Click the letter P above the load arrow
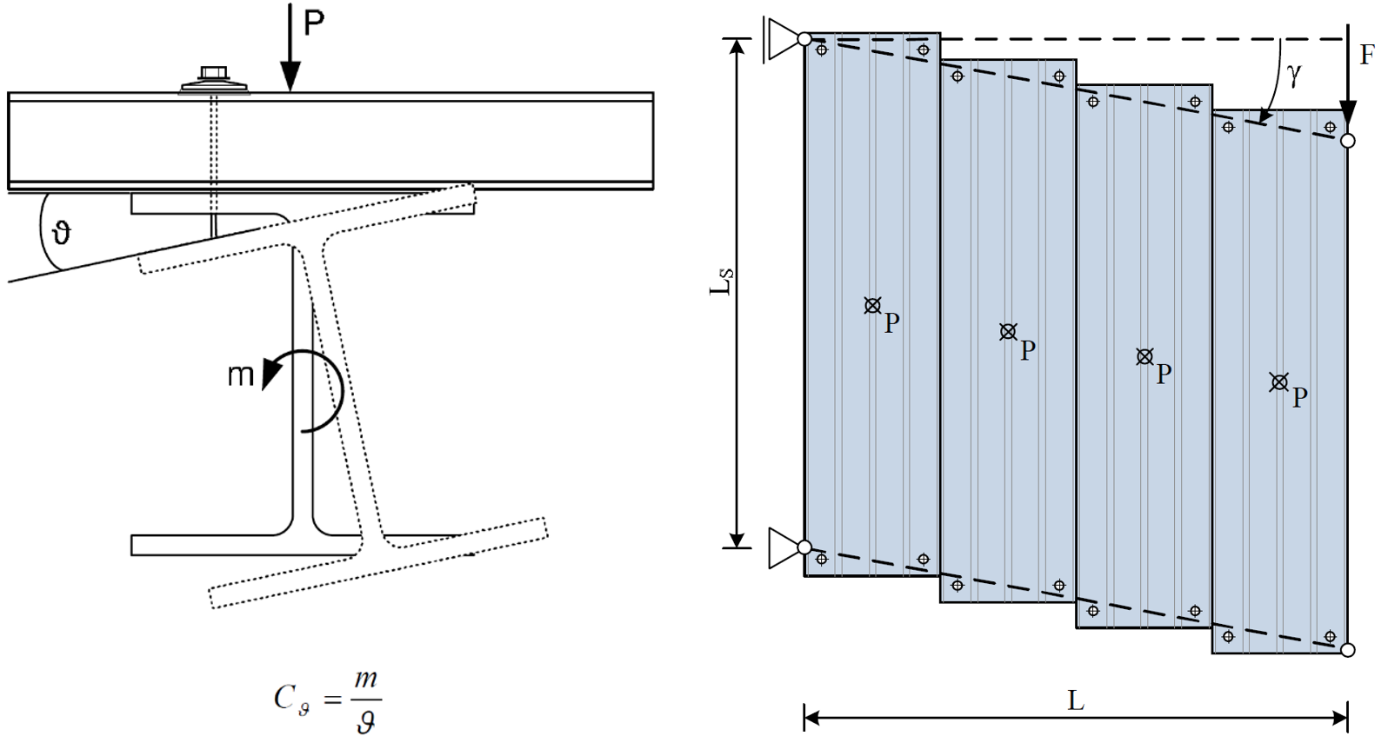point(313,23)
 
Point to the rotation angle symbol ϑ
point(61,232)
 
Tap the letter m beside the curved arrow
point(241,375)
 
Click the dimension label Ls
point(722,282)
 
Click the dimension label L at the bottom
point(1076,700)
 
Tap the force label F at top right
point(1366,56)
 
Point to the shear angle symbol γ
point(1294,75)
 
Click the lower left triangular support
point(785,548)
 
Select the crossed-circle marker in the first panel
point(872,305)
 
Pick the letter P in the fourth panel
point(1299,397)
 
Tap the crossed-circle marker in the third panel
point(1144,356)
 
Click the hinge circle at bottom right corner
point(1348,649)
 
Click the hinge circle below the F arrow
point(1348,141)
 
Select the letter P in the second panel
point(1027,349)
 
